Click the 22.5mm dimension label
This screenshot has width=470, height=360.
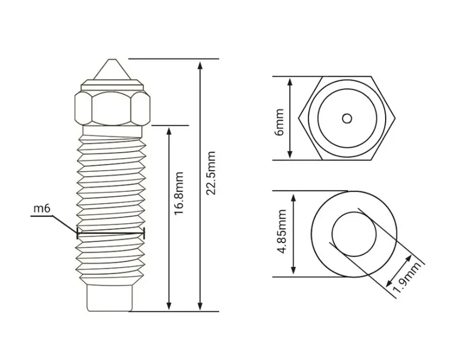tap(211, 173)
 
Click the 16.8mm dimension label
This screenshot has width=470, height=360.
tap(179, 193)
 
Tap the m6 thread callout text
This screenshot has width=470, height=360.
tap(42, 208)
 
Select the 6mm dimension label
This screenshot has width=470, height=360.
tap(280, 122)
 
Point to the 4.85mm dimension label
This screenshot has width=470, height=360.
tap(282, 232)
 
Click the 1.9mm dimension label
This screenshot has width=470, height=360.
tap(407, 278)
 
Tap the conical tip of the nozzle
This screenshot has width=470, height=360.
tap(112, 69)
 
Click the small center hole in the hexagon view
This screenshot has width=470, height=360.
tap(347, 119)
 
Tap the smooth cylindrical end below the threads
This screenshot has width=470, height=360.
tap(109, 298)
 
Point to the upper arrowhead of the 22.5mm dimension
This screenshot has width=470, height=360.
tap(200, 66)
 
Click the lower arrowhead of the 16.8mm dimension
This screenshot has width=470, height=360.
tap(169, 305)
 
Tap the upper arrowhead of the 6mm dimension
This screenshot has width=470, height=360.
tap(290, 83)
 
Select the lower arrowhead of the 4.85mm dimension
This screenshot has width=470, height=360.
tap(293, 269)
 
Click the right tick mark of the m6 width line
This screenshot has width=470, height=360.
tap(144, 233)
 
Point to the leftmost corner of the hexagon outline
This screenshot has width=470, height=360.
tap(299, 118)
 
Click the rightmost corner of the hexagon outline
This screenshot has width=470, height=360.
tap(395, 118)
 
